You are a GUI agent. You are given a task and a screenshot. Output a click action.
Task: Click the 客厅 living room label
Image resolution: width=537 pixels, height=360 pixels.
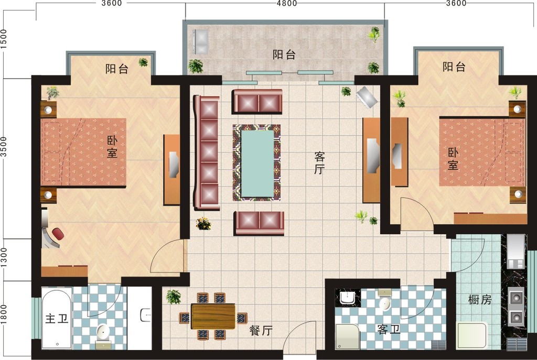[x=319, y=163]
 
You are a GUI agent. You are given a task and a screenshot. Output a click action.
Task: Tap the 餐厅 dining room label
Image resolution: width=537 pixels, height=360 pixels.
[x=261, y=331]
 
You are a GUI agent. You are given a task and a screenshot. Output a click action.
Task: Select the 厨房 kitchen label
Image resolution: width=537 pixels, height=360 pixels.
[x=479, y=300]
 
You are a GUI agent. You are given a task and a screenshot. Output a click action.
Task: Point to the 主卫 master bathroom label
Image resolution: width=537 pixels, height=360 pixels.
[x=57, y=319]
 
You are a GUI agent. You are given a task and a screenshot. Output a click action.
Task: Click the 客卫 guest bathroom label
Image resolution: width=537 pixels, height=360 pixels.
[x=389, y=330]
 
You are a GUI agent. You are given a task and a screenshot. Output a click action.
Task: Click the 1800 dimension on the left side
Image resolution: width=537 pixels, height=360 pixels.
[x=4, y=315]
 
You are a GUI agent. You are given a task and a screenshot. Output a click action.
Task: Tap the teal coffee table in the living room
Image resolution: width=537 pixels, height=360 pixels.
[x=257, y=163]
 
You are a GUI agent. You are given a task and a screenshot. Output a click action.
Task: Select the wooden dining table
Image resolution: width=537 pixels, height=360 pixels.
[x=213, y=316]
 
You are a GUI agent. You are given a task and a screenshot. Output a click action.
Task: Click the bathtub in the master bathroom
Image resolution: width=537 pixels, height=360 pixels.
[x=57, y=319]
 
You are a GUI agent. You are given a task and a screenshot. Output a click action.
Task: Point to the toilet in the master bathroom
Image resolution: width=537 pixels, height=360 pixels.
[x=103, y=332]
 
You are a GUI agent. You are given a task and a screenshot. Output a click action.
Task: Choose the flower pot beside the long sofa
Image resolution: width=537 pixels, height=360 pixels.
[x=203, y=224]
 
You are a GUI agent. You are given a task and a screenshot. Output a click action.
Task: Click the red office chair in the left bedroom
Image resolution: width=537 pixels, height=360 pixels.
[x=57, y=233]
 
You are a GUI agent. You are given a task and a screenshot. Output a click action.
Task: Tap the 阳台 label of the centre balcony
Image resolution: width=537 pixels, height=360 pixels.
[x=284, y=54]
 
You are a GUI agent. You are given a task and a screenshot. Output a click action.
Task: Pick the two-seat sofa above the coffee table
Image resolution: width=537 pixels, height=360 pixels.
[x=257, y=101]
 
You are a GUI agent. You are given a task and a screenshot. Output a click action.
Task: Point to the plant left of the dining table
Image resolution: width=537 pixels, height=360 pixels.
[x=173, y=297]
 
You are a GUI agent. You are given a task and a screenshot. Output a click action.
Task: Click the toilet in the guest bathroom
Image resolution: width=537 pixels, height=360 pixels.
[x=385, y=303]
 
